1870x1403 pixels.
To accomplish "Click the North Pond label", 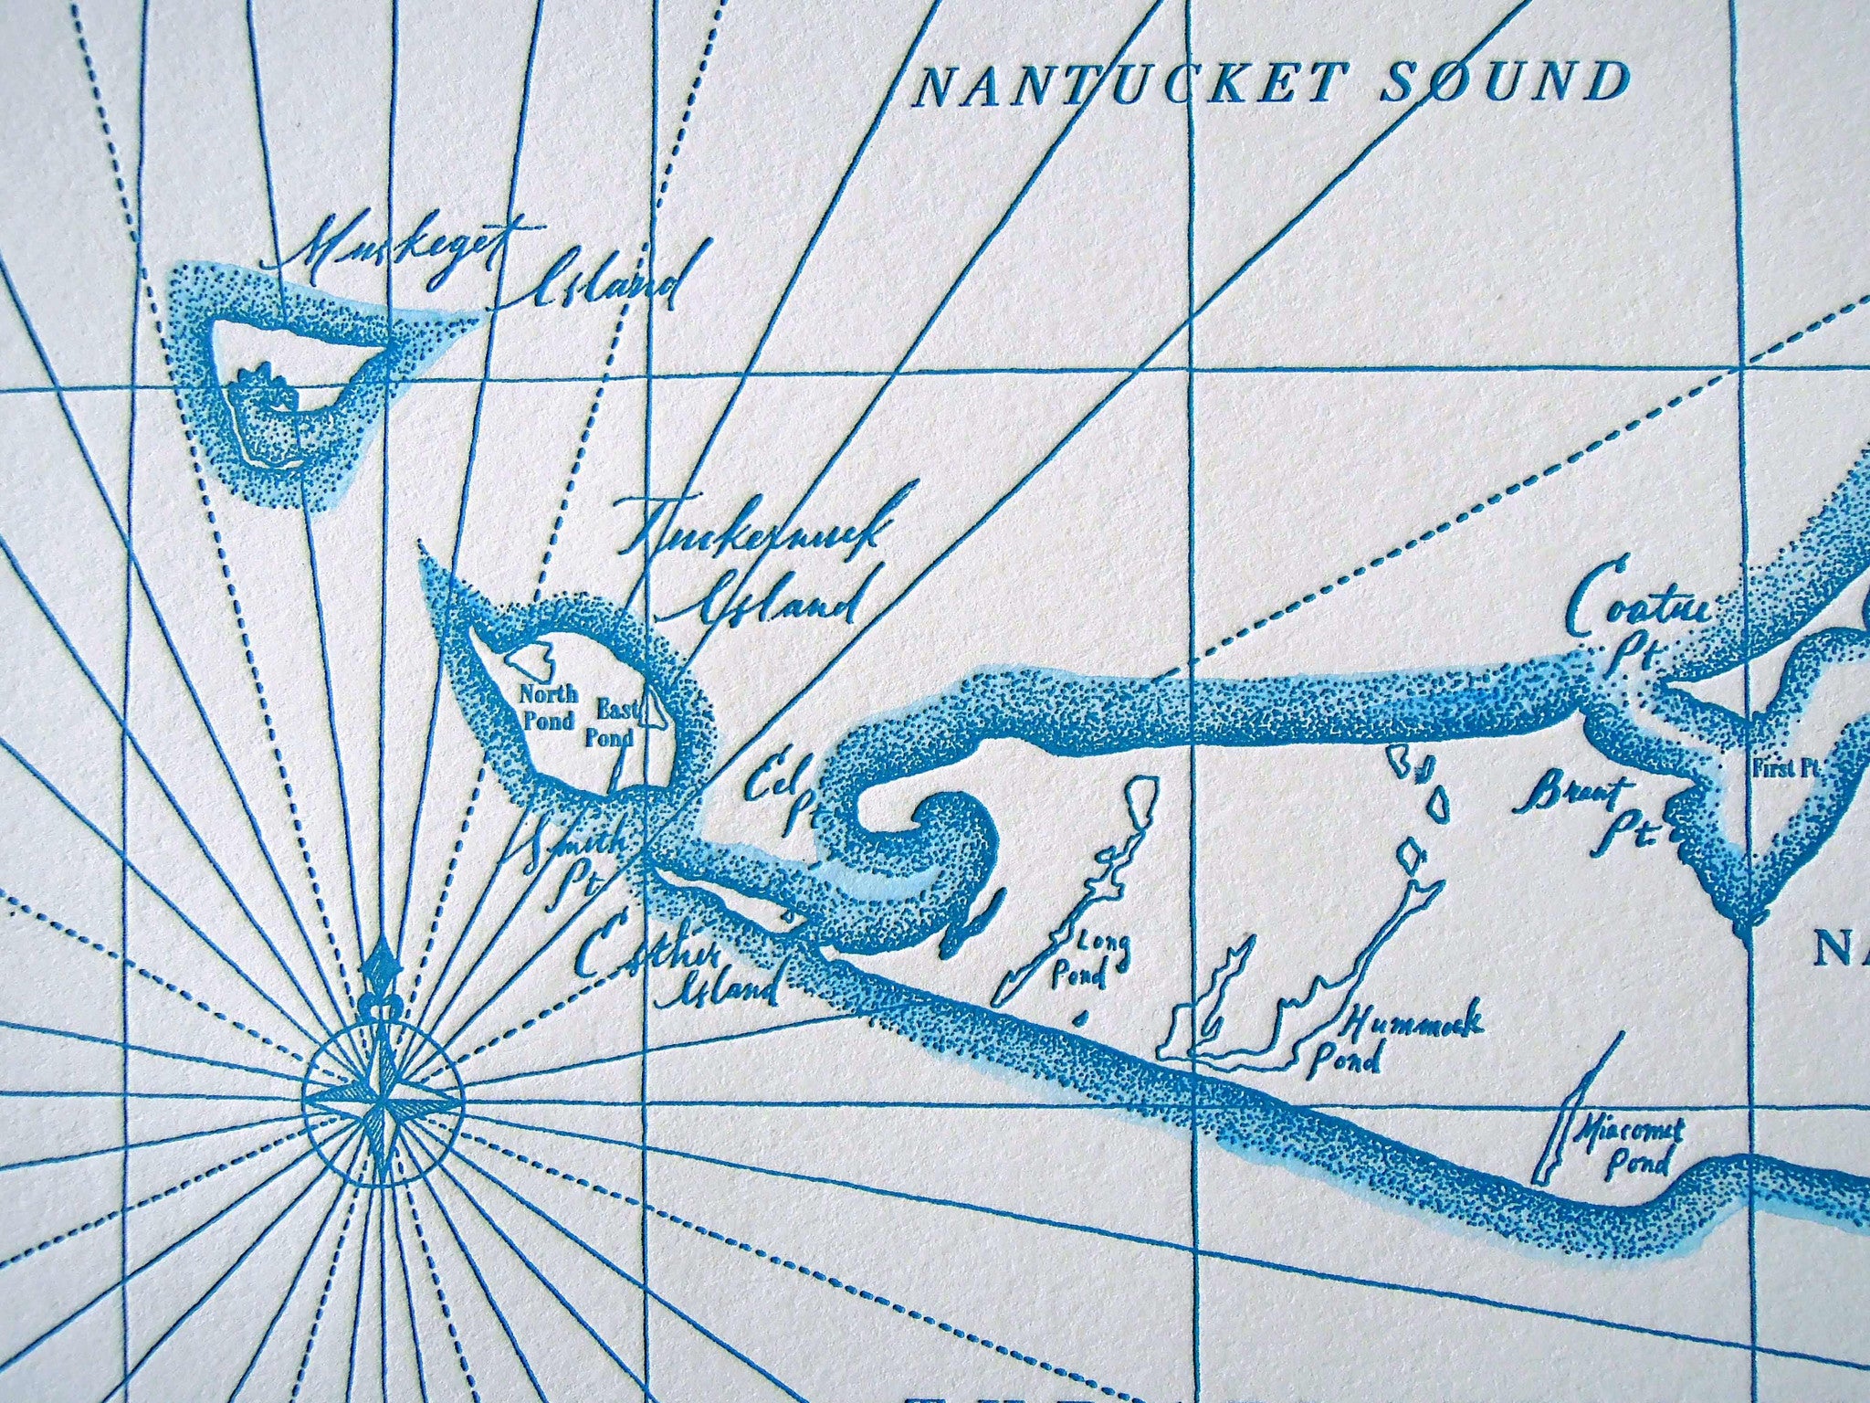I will [548, 708].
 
